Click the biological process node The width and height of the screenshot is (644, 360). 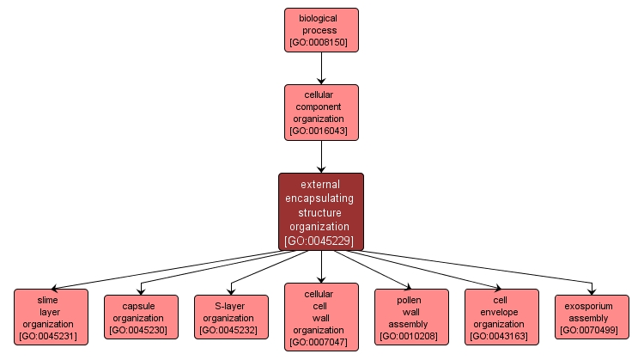pyautogui.click(x=321, y=30)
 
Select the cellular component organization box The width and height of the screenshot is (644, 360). pyautogui.click(x=321, y=112)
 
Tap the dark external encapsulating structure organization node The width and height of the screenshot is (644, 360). pyautogui.click(x=321, y=211)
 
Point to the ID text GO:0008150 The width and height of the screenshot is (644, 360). pyautogui.click(x=321, y=42)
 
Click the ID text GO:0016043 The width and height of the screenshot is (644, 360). pyautogui.click(x=321, y=131)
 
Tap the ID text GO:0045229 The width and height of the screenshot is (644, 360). pyautogui.click(x=321, y=241)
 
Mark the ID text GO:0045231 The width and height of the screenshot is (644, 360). pyautogui.click(x=51, y=336)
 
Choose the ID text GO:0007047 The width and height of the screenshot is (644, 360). pyautogui.click(x=321, y=342)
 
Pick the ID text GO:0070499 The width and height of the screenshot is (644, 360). pyautogui.click(x=592, y=330)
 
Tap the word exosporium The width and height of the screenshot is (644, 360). pyautogui.click(x=592, y=306)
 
